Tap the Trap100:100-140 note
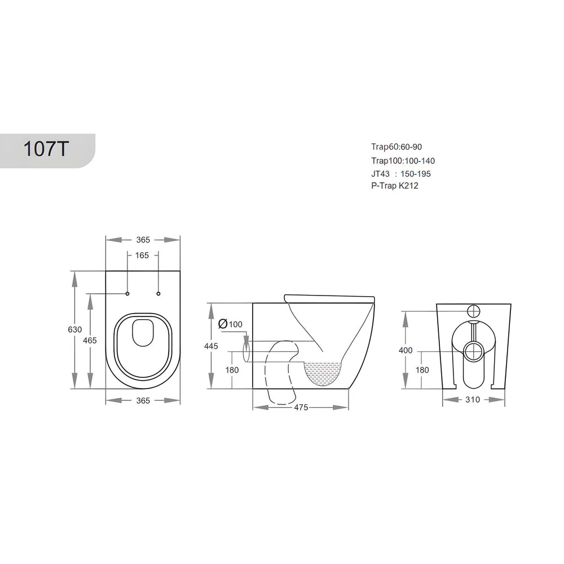[x=403, y=161]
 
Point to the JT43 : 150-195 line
[x=401, y=174]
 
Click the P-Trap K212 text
[x=394, y=185]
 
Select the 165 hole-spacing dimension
[x=142, y=255]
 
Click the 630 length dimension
[x=76, y=329]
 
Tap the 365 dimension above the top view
[x=143, y=240]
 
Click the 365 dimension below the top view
[x=143, y=400]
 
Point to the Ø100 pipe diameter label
[x=230, y=324]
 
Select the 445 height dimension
[x=211, y=346]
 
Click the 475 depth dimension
[x=301, y=407]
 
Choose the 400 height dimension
[x=406, y=350]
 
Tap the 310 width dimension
[x=473, y=400]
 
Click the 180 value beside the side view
[x=232, y=370]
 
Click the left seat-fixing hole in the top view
[x=127, y=294]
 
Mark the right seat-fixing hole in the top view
[x=158, y=294]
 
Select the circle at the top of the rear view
[x=473, y=310]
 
